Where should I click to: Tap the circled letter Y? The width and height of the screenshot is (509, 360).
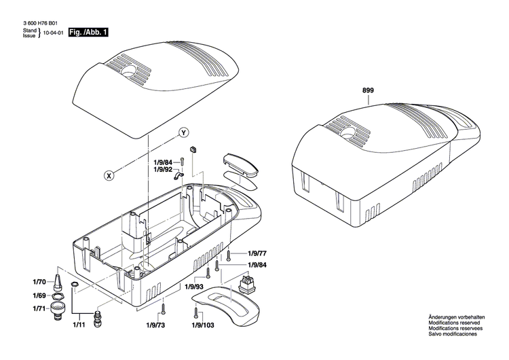click(x=183, y=131)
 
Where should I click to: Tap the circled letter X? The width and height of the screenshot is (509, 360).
click(x=109, y=175)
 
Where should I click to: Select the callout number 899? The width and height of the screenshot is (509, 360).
click(x=368, y=90)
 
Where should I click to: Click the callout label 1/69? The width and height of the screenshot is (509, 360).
click(x=39, y=295)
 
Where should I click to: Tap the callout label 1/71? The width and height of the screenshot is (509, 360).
click(x=39, y=308)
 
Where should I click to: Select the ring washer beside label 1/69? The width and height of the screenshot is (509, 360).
click(x=58, y=295)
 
